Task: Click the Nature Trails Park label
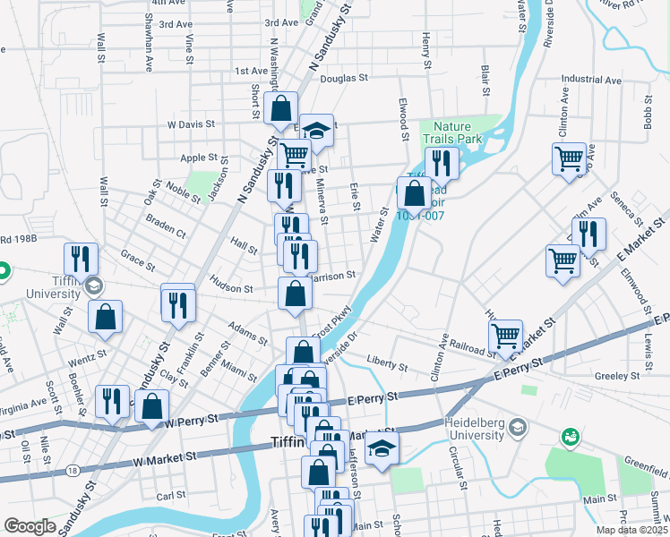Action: tap(458, 132)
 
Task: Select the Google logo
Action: tap(30, 526)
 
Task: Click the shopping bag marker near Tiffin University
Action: tap(106, 317)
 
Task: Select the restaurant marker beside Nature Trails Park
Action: tap(441, 162)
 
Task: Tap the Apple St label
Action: tap(200, 158)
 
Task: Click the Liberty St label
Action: tap(387, 366)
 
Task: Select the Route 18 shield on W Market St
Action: tap(73, 469)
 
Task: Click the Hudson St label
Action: tap(231, 288)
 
